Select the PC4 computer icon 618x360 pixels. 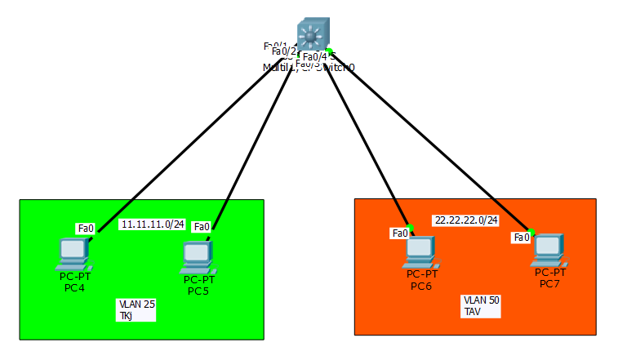coord(73,254)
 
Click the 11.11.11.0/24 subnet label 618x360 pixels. coord(153,224)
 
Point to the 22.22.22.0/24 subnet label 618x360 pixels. coord(466,220)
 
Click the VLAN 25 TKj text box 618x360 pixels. coord(136,309)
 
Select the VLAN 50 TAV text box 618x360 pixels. coord(481,305)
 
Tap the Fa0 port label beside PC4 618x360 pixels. coord(86,228)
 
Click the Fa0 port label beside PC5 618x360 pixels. coord(201,226)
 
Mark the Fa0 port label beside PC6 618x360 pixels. coord(400,233)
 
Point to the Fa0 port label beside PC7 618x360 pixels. coord(521,238)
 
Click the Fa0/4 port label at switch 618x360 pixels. coord(314,56)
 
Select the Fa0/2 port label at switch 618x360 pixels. coord(282,51)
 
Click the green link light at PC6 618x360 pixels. coord(411,227)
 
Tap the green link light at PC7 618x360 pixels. coord(531,232)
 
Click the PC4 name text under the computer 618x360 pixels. coord(74,287)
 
